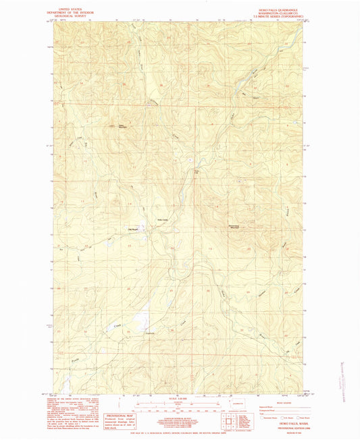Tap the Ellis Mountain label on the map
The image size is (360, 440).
pos(122,126)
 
